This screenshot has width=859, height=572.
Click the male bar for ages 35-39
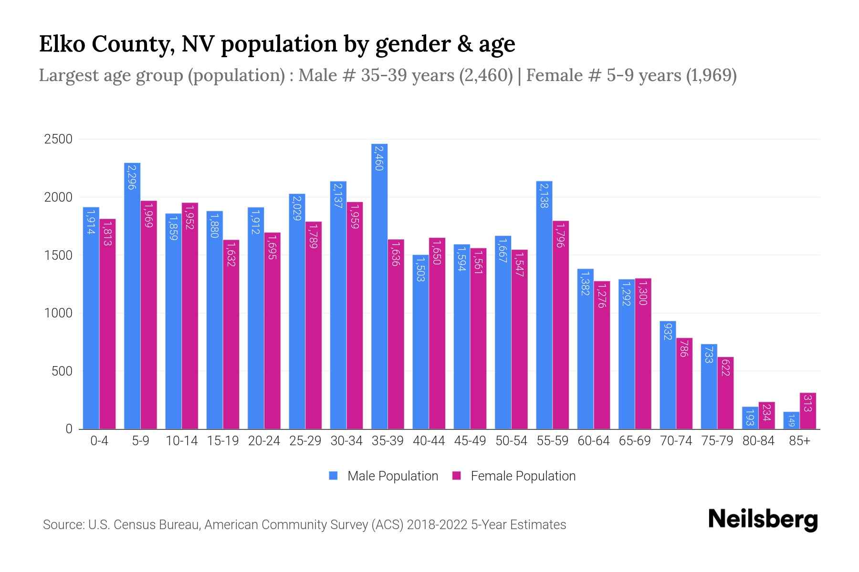point(379,286)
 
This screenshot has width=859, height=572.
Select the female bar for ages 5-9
point(149,315)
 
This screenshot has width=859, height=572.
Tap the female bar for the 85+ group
point(808,411)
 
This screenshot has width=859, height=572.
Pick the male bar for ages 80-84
point(750,418)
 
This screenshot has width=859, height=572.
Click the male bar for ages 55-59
point(544,305)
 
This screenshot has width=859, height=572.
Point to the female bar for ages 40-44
point(437,334)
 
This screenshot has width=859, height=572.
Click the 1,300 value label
point(643,293)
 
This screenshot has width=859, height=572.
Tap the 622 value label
point(725,368)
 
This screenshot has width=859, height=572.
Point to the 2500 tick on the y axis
point(58,139)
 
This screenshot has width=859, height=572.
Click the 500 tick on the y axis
point(62,371)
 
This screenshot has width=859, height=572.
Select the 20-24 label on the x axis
point(264,441)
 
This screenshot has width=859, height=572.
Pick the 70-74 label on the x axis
point(676,441)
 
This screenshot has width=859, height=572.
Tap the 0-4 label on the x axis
point(99,441)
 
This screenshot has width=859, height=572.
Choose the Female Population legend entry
point(514,476)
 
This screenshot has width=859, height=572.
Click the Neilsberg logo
point(763,520)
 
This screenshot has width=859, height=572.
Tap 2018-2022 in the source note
point(437,525)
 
